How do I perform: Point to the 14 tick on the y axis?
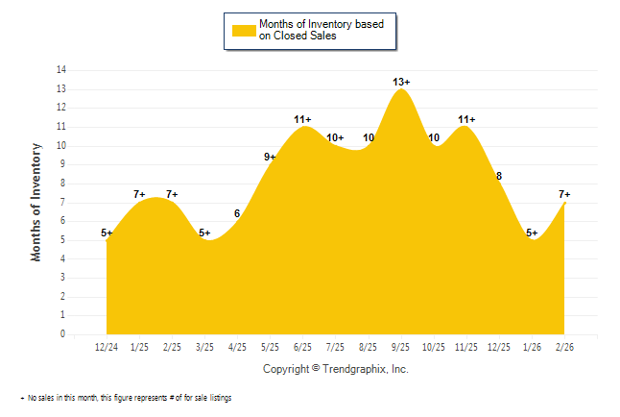point(61,70)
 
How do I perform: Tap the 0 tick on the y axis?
point(63,335)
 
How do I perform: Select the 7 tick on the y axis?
point(63,203)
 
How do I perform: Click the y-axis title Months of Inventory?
point(36,202)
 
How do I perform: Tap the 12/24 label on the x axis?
point(107,347)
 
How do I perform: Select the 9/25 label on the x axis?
point(401,347)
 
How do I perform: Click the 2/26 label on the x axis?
point(564,347)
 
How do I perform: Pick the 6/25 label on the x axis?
point(302,347)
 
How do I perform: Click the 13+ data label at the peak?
point(402,82)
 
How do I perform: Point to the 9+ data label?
point(271,157)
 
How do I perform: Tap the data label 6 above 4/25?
point(236,213)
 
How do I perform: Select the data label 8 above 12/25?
point(499,176)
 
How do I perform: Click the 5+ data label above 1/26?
point(532,233)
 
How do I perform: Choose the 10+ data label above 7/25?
point(335,138)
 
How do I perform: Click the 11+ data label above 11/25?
point(466,119)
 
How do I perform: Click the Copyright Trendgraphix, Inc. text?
point(335,368)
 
